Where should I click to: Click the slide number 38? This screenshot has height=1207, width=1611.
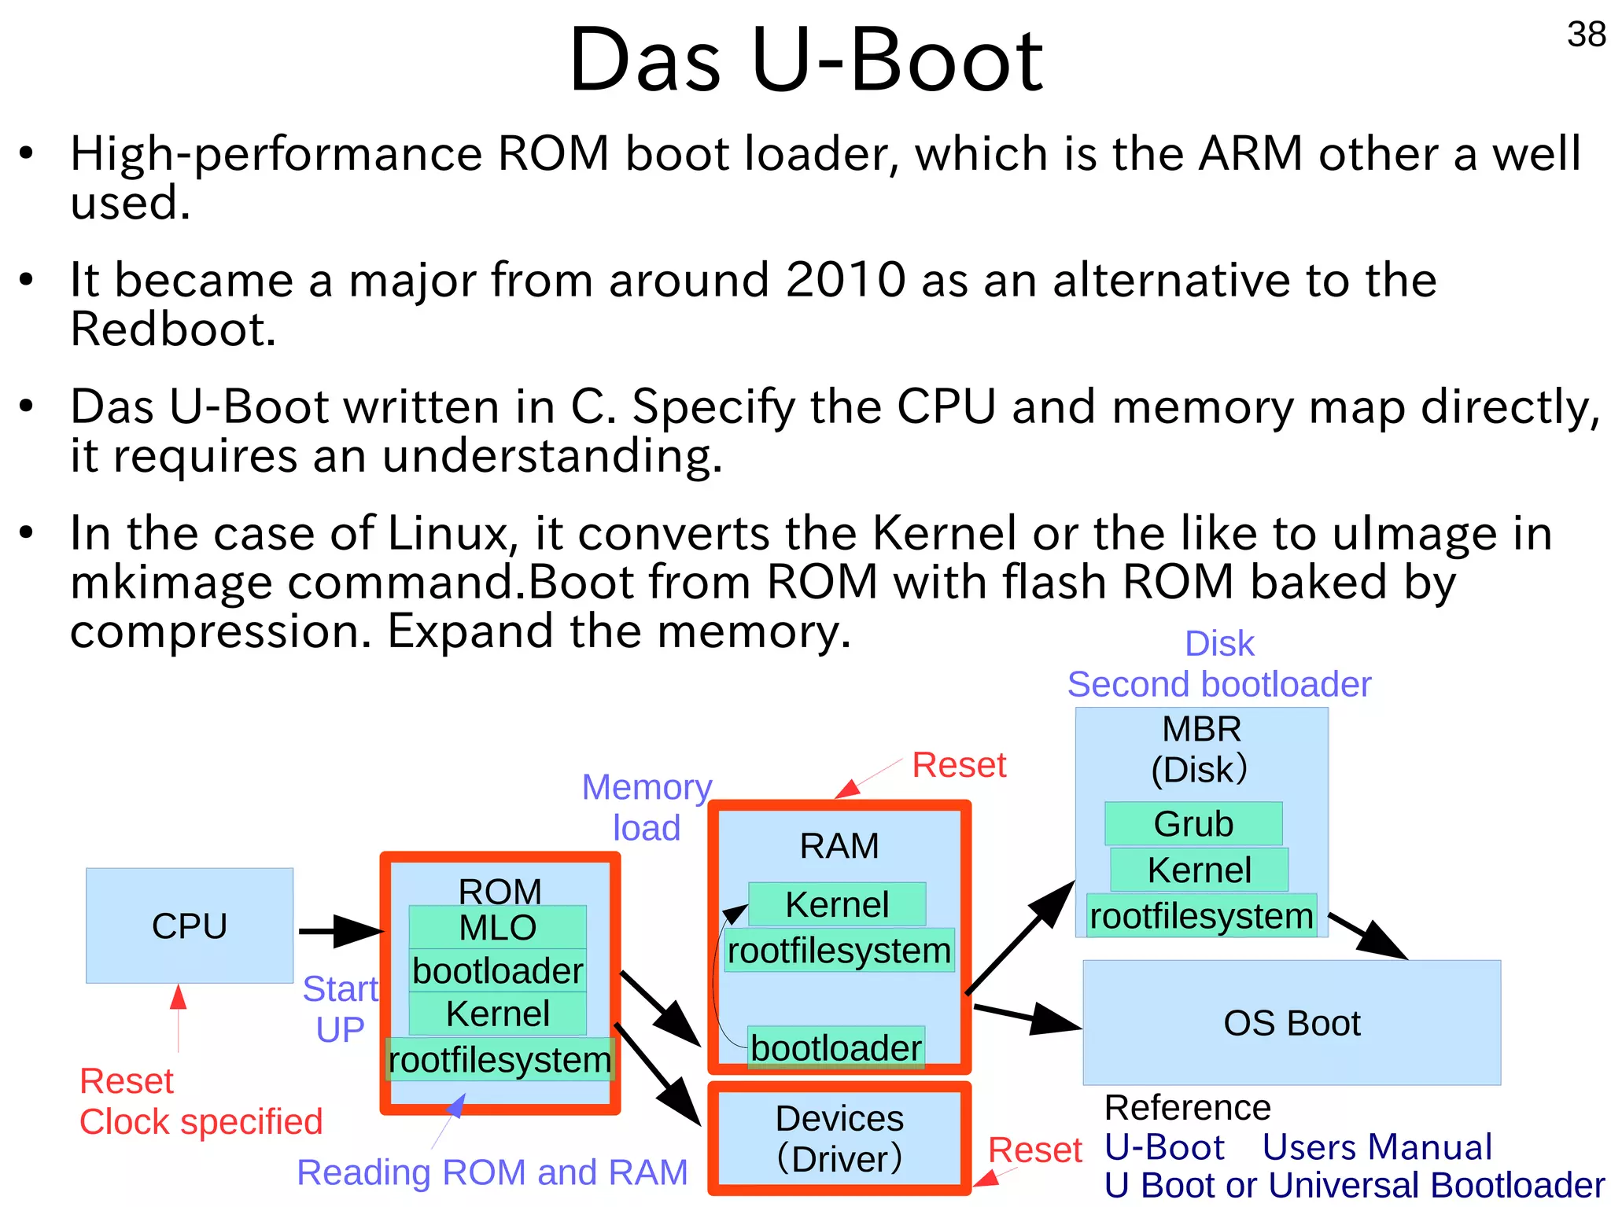[1586, 35]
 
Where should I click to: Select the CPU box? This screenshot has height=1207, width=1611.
[190, 925]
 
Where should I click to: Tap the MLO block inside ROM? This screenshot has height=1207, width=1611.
[497, 927]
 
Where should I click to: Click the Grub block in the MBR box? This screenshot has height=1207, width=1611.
[1193, 823]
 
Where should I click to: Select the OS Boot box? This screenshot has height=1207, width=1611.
[1292, 1023]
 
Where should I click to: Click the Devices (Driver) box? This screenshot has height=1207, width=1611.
[839, 1138]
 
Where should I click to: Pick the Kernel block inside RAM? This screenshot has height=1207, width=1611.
[837, 904]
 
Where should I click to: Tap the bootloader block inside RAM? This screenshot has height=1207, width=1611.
[835, 1047]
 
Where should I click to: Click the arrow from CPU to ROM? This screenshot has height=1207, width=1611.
[340, 931]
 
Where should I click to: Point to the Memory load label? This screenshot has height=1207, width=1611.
[647, 807]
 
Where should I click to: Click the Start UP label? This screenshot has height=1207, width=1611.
[340, 1009]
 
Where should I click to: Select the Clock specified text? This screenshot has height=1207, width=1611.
[201, 1121]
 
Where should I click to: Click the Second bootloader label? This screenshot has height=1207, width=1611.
[1219, 684]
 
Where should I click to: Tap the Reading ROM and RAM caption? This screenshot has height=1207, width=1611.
[492, 1172]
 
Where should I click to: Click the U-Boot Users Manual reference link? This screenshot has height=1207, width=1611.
[1298, 1147]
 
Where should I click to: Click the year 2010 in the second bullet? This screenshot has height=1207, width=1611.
[846, 280]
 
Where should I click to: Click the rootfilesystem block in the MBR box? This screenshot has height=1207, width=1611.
[1201, 916]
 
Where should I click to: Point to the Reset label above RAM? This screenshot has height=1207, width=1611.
[959, 764]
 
